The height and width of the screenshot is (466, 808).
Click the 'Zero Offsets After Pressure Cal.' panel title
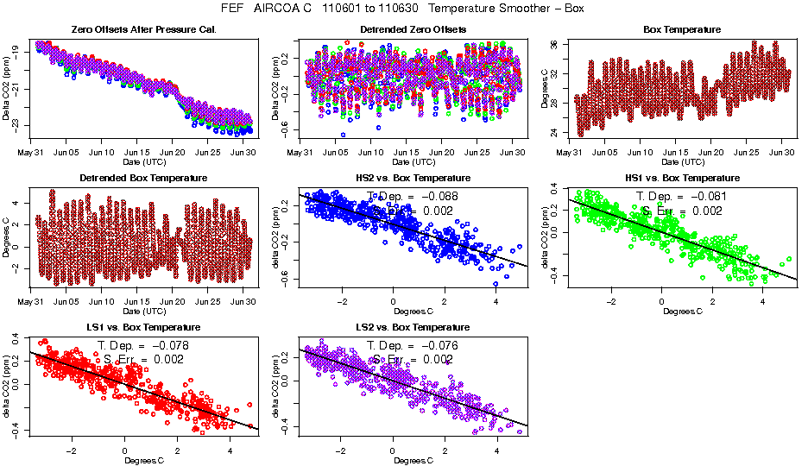(x=143, y=30)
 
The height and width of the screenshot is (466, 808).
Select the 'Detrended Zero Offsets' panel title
(x=413, y=30)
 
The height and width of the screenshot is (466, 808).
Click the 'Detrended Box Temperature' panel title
(x=143, y=179)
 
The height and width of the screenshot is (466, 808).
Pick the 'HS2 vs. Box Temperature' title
(x=413, y=179)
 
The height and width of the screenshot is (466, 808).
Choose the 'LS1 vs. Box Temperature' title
(x=143, y=328)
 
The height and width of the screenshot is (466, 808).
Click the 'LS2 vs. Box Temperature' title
(x=413, y=328)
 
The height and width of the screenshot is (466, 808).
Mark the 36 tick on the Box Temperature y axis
(x=555, y=44)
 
